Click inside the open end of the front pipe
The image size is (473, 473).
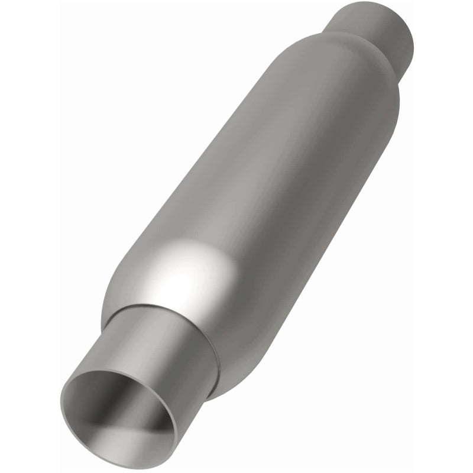pos(118,408)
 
